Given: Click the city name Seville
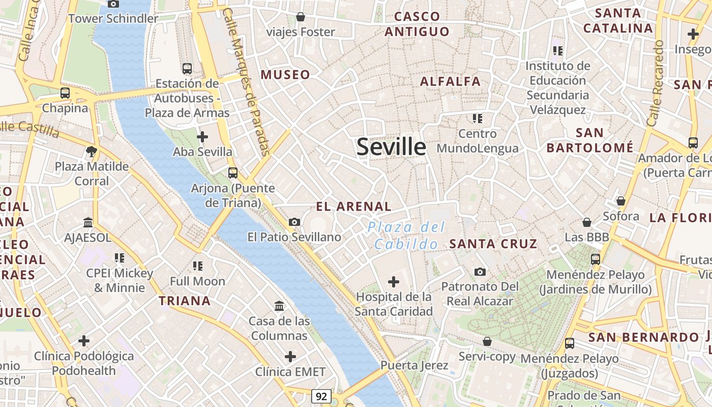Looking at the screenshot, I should [x=391, y=147].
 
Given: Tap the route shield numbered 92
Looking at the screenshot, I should [x=321, y=396].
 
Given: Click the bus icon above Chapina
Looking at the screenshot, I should [x=65, y=93].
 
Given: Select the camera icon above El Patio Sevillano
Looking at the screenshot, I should [x=294, y=222].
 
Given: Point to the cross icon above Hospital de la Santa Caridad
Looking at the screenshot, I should [x=393, y=281].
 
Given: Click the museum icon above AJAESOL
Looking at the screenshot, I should [x=88, y=222].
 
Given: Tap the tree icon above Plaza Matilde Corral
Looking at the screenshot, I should [x=92, y=151].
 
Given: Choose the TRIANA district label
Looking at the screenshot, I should [x=185, y=301].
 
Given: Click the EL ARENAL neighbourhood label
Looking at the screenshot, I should [x=353, y=207].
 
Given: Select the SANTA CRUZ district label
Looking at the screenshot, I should [x=493, y=244].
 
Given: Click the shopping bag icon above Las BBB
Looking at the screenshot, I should [x=586, y=222].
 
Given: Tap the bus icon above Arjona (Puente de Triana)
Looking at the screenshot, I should [x=232, y=172].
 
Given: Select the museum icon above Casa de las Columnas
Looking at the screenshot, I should [x=279, y=306].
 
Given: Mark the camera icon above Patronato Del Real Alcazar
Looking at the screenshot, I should [x=480, y=272].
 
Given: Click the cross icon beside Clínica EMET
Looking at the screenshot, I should [x=290, y=357].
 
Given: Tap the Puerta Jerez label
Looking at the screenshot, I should [x=414, y=365].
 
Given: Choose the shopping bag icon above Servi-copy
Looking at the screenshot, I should [x=487, y=341].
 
